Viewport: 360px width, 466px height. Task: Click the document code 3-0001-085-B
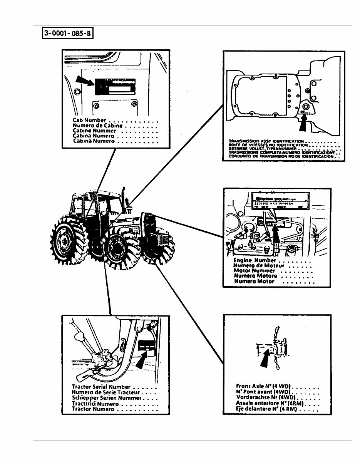67,33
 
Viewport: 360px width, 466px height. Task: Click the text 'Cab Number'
89,120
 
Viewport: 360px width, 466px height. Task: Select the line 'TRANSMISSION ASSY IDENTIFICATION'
266,141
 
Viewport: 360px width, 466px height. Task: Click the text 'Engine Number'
255,261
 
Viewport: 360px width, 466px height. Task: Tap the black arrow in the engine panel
276,235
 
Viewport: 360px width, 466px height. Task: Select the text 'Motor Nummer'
255,271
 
